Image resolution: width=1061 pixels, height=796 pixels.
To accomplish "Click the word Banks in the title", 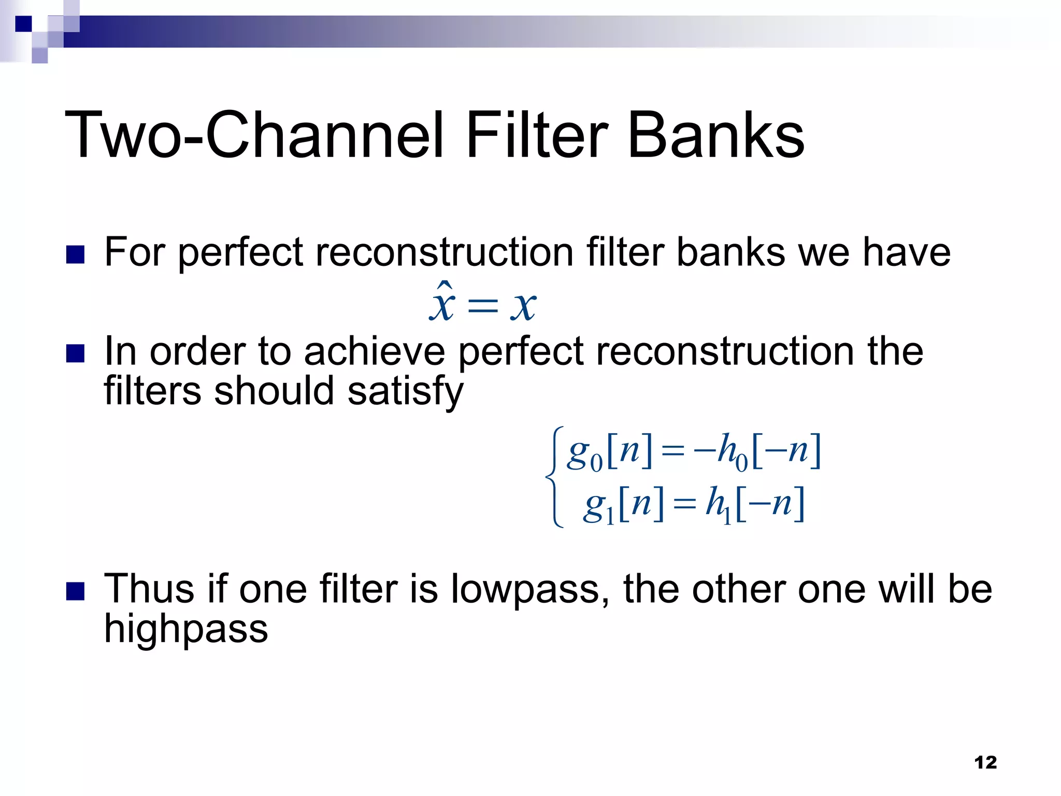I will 716,136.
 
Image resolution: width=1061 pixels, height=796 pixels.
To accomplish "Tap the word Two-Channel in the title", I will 254,136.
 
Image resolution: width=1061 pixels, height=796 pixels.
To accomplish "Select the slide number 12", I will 985,762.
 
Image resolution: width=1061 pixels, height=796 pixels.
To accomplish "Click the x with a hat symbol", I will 442,303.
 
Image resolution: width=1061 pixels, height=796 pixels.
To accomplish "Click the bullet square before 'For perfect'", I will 76,254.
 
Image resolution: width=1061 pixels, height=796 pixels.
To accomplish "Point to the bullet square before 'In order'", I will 76,353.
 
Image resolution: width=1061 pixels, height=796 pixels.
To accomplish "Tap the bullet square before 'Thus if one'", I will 76,591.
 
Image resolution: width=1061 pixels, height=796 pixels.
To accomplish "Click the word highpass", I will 186,630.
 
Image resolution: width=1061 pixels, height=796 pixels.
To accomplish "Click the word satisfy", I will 405,392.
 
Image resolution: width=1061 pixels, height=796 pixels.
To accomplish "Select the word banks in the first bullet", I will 731,253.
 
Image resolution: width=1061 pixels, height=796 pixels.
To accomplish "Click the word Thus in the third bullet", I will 149,590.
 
